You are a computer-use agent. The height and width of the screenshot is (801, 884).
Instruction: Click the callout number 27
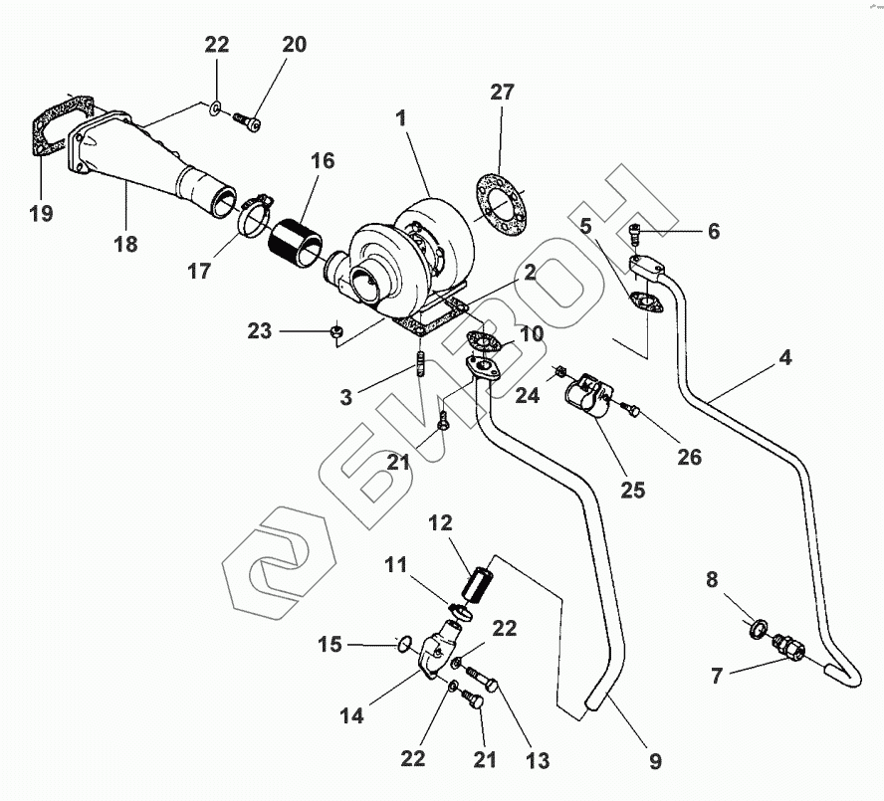click(x=503, y=93)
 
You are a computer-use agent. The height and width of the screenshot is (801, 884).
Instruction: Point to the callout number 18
click(x=126, y=243)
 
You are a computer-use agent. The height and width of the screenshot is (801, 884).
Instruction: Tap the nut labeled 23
click(x=338, y=330)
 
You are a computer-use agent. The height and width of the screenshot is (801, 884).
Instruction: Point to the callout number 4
click(x=785, y=357)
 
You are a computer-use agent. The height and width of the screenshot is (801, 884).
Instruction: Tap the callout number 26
click(x=688, y=457)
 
